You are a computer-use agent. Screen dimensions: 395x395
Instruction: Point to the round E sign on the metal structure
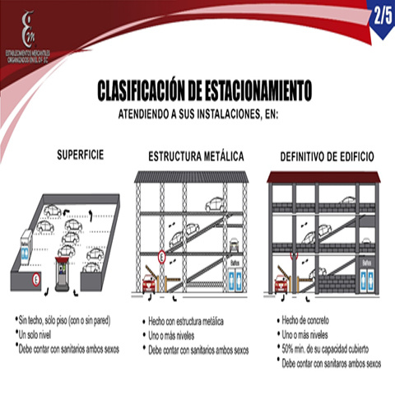pyautogui.click(x=162, y=258)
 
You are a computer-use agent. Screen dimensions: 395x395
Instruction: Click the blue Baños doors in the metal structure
pyautogui.click(x=237, y=279)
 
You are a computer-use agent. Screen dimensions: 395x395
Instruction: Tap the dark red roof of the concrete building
pyautogui.click(x=323, y=177)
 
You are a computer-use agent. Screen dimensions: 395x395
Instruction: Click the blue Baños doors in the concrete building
pyautogui.click(x=368, y=279)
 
